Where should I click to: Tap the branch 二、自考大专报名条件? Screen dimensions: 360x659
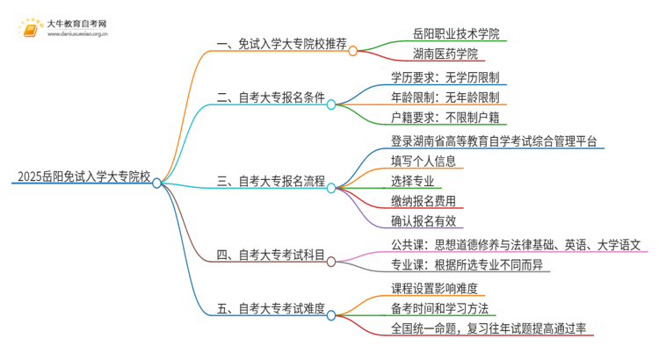(271, 104)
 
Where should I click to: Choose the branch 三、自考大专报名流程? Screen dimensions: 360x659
(271, 183)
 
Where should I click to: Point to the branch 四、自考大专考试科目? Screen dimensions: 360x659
(271, 256)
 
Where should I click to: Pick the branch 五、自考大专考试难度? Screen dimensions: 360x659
(271, 308)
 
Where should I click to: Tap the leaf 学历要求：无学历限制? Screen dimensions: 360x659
(449, 76)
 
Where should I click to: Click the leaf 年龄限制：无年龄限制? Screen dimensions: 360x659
(449, 97)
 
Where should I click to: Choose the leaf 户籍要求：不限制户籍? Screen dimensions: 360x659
(449, 118)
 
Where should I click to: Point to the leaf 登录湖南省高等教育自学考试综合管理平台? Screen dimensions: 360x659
(496, 140)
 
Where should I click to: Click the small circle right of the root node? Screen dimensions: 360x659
(156, 184)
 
